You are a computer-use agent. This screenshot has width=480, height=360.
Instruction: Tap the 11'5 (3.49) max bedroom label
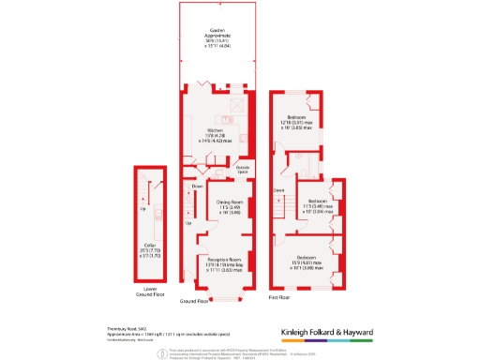click(x=318, y=202)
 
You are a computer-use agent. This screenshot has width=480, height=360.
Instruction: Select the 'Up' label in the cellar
click(x=143, y=209)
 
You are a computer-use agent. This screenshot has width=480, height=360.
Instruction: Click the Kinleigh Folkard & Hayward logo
click(x=327, y=333)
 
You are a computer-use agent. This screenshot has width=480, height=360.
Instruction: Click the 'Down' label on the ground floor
click(x=198, y=187)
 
